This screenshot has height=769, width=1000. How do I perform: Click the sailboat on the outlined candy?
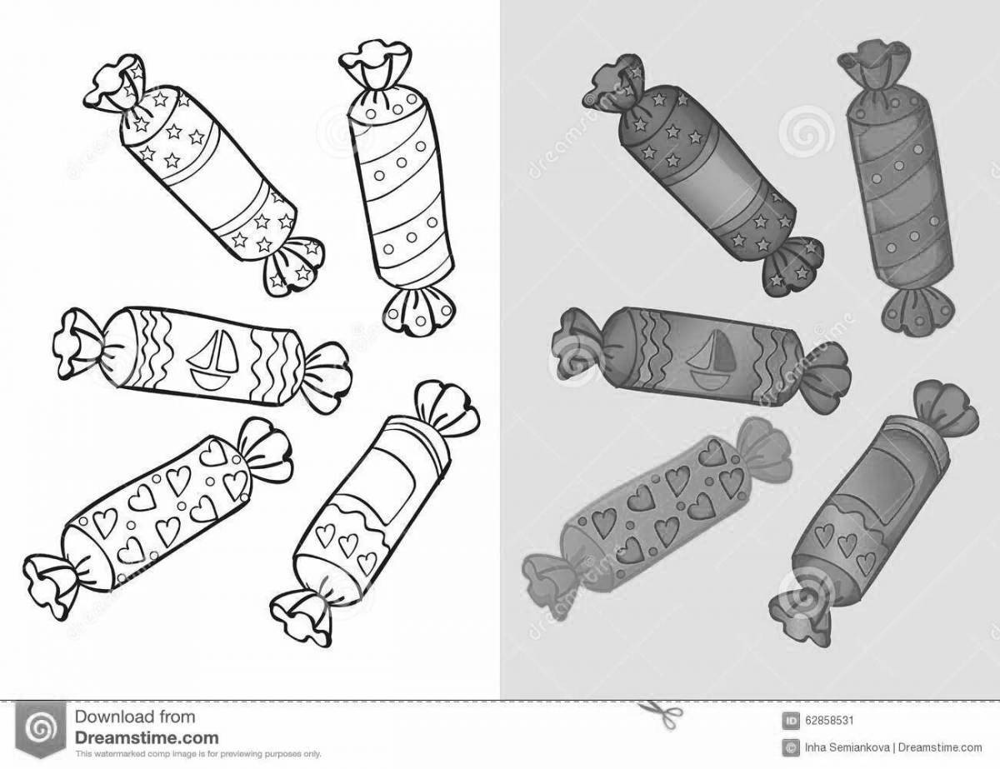(x=212, y=361)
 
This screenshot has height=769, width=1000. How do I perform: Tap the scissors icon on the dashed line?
(x=649, y=710)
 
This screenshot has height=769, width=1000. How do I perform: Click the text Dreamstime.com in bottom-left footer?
(x=147, y=737)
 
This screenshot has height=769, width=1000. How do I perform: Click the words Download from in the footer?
(x=134, y=717)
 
